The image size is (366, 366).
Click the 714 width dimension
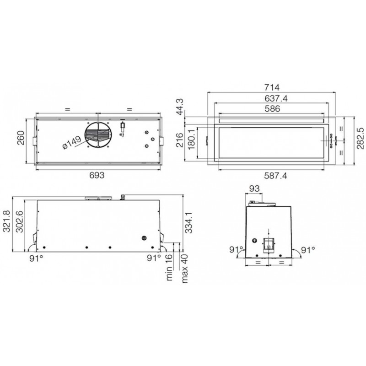pos(272,87)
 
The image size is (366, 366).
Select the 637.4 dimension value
pos(276,98)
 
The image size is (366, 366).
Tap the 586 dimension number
pos(272,109)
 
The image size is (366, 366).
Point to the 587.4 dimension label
pos(275,176)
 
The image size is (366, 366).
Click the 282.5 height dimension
pos(361,138)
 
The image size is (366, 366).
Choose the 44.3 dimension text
pos(180,107)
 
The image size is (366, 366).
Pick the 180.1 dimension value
pos(191,140)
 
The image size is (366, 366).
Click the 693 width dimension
pos(97,175)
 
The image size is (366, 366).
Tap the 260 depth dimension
pos(21,138)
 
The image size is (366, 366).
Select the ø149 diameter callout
pos(72,142)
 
